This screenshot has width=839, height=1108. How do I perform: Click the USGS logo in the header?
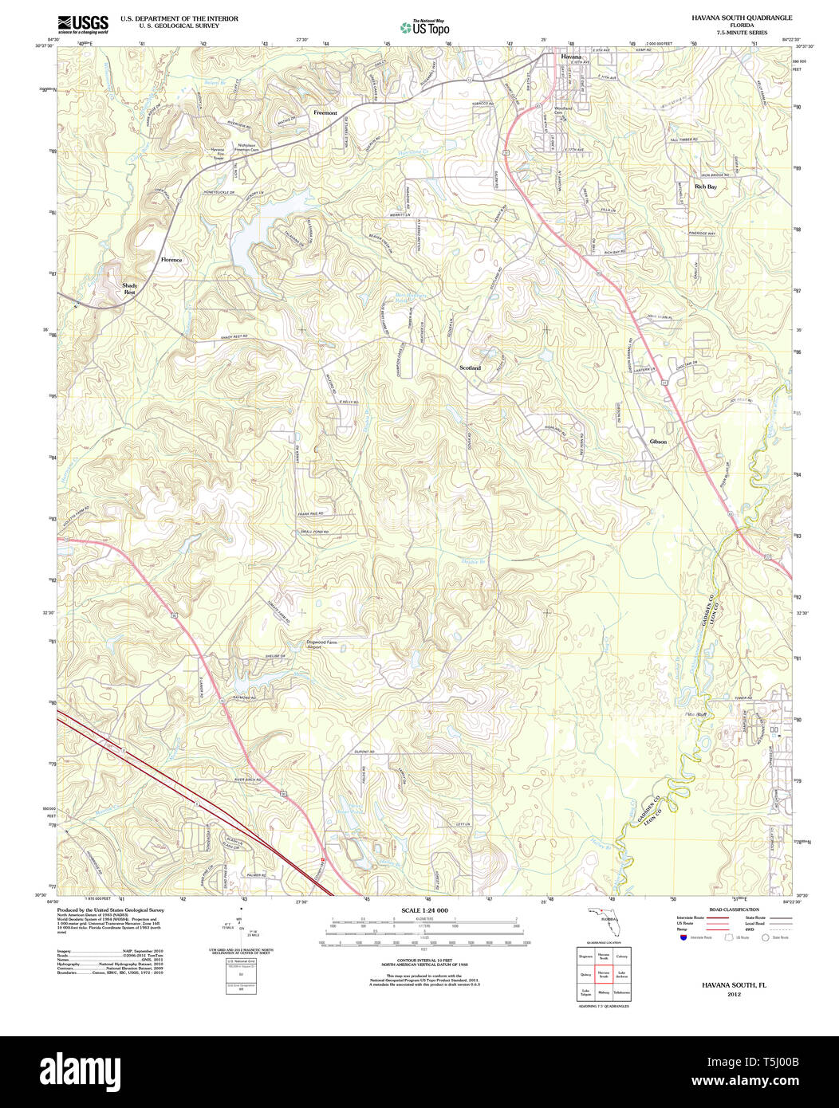click(x=83, y=24)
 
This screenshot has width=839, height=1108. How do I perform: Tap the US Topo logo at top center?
click(x=425, y=27)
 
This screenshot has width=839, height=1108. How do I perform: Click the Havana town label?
click(x=570, y=57)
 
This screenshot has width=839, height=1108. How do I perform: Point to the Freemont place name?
click(x=325, y=113)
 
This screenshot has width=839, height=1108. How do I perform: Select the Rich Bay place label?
click(x=705, y=187)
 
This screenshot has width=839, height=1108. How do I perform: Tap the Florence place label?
click(x=171, y=260)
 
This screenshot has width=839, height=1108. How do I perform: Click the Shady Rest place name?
click(x=129, y=289)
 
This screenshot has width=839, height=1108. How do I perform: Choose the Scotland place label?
click(x=471, y=367)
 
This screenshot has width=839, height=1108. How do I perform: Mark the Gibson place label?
click(x=658, y=442)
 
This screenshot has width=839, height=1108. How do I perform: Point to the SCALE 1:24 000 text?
click(x=424, y=910)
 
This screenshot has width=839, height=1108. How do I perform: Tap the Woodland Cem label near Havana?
click(x=564, y=110)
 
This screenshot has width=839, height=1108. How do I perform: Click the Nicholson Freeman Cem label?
click(x=245, y=147)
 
